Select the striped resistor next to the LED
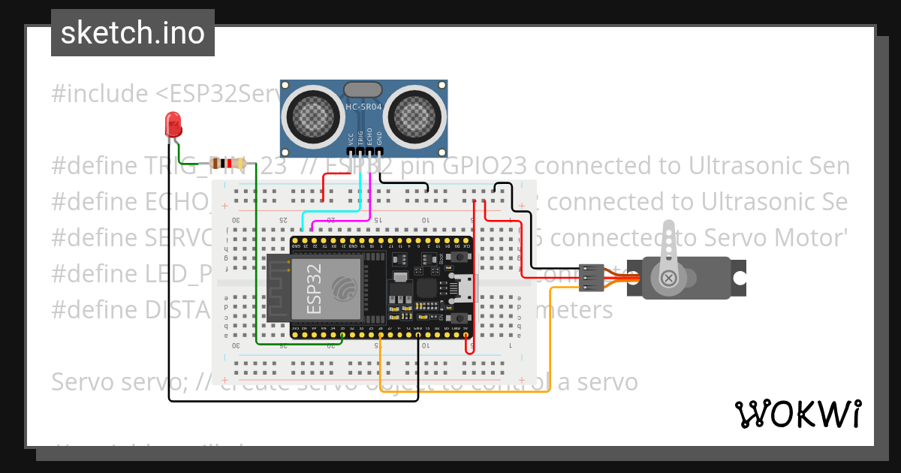222,164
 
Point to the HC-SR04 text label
363,107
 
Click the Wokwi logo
797,414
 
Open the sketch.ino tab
133,33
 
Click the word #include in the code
100,94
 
